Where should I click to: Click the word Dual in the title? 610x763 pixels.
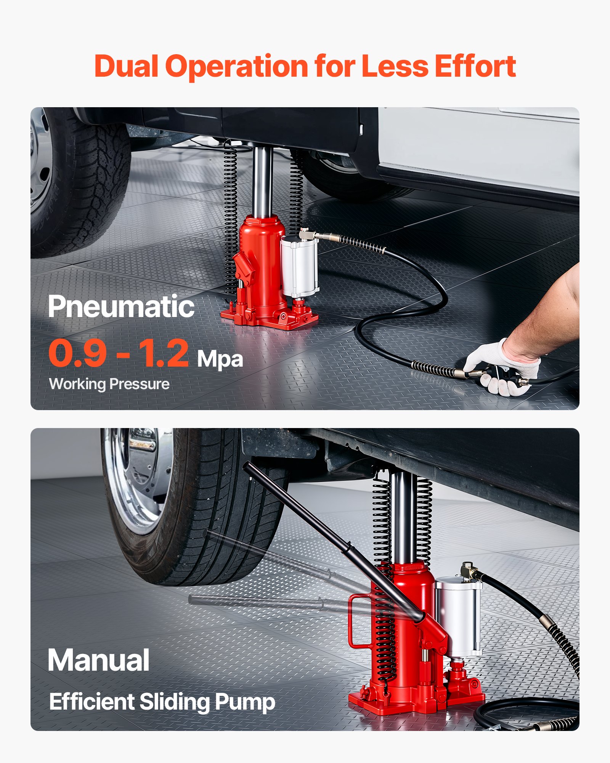tap(126, 67)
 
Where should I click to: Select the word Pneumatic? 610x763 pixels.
tap(121, 307)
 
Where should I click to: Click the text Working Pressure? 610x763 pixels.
tap(109, 384)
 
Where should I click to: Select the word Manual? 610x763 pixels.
tap(98, 660)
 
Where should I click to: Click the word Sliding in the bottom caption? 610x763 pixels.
tap(175, 702)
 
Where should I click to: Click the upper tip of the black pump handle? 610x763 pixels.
tap(247, 465)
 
